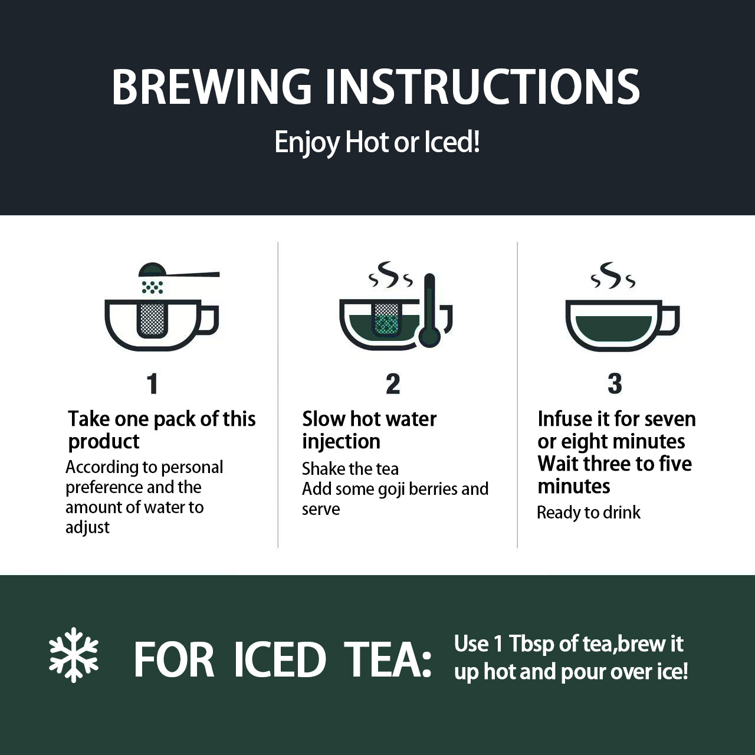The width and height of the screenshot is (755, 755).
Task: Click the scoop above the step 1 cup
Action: point(179,270)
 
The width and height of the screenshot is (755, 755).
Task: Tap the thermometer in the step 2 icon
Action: point(429,310)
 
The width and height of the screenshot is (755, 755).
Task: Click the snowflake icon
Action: point(74,655)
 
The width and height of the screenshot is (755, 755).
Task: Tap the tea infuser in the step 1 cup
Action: point(152,319)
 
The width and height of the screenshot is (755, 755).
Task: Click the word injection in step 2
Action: point(341,442)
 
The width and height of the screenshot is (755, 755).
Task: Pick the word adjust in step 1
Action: point(87,528)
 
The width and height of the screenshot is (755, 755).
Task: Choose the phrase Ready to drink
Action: point(589,513)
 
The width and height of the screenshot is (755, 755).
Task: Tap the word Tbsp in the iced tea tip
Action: point(531,645)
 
